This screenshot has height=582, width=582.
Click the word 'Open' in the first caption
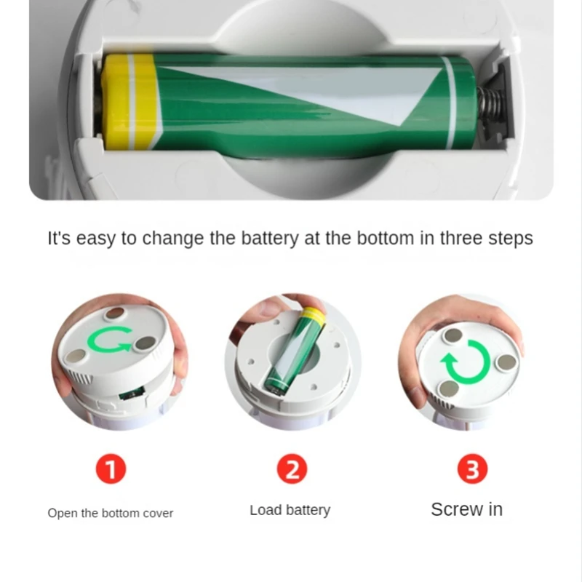click(x=63, y=513)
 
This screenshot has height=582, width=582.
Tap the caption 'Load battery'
click(x=290, y=510)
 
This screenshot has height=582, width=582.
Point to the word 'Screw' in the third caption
click(x=451, y=509)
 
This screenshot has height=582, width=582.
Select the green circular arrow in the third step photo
click(x=469, y=360)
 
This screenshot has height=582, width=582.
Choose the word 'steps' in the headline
click(x=511, y=239)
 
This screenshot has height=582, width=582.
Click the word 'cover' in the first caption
click(x=158, y=513)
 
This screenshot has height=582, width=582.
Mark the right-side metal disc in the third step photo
click(x=503, y=362)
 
